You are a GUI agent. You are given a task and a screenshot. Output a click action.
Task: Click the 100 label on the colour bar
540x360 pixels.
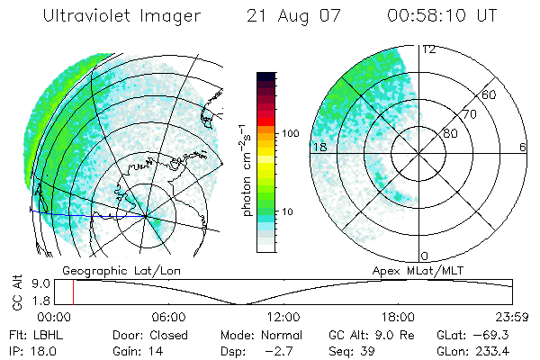pyautogui.click(x=290, y=133)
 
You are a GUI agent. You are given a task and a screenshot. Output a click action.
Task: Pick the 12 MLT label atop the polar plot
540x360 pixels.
pyautogui.click(x=429, y=49)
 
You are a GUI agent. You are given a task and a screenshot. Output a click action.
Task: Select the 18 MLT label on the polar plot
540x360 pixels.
pyautogui.click(x=318, y=147)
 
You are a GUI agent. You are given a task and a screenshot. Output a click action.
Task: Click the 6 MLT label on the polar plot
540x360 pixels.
pyautogui.click(x=523, y=147)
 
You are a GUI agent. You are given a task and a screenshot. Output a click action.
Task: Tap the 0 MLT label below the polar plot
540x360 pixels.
pyautogui.click(x=425, y=256)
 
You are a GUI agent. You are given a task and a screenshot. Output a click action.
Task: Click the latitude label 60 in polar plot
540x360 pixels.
pyautogui.click(x=490, y=94)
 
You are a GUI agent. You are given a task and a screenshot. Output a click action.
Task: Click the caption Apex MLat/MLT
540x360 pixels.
pyautogui.click(x=414, y=269)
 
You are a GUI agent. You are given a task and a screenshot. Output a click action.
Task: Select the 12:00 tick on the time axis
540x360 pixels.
pyautogui.click(x=283, y=317)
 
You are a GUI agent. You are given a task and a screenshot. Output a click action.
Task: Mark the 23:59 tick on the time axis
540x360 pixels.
pyautogui.click(x=511, y=317)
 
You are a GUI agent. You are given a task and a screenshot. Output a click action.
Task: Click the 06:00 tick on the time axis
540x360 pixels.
pyautogui.click(x=168, y=317)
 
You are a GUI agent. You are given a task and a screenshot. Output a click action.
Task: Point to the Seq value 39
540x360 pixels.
pyautogui.click(x=367, y=349)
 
